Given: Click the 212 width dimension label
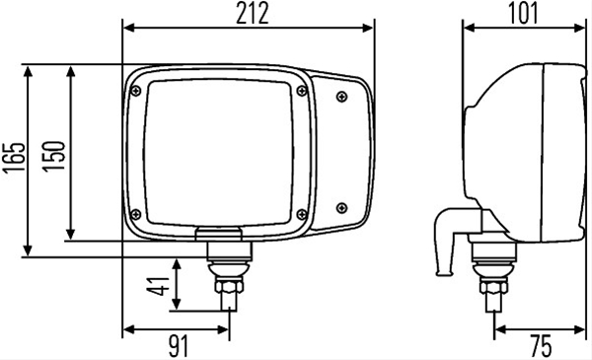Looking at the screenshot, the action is coord(253,15).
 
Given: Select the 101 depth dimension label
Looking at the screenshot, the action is coord(523,15).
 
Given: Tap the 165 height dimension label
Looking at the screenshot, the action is coord(14,157).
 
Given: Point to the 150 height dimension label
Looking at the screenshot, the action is coord(53,156).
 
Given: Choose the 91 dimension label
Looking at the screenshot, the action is coord(179,346).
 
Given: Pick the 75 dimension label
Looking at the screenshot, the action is coord(541,346).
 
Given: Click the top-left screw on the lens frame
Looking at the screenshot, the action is coord(136,91).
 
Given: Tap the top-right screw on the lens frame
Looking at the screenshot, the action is coord(302,91).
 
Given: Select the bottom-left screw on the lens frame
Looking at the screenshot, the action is coord(135,214).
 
